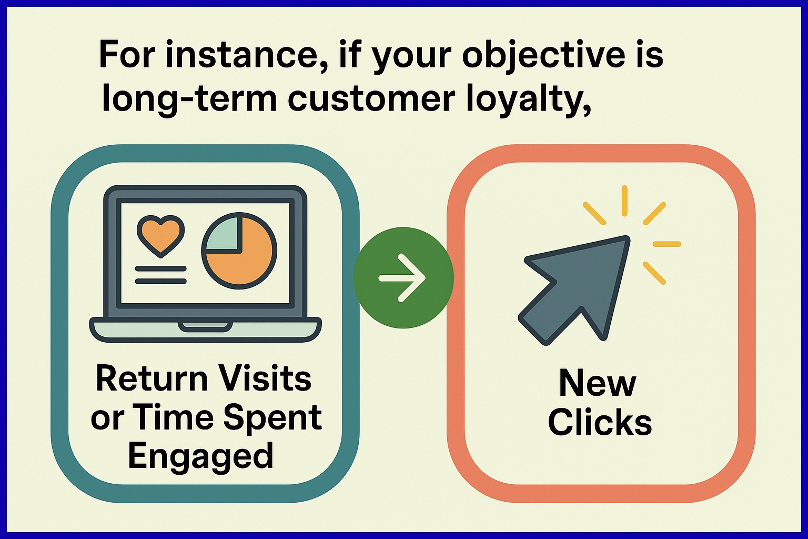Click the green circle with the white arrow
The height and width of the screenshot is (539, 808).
[403, 277]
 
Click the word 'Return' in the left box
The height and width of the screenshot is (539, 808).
[152, 379]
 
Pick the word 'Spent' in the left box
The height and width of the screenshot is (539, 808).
[272, 418]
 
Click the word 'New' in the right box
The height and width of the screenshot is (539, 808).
[598, 383]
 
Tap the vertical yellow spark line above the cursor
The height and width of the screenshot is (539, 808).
[625, 201]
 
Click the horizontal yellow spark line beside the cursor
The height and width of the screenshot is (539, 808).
[667, 244]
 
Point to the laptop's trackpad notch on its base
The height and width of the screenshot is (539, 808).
[205, 326]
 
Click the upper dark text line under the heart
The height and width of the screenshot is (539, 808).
[160, 268]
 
